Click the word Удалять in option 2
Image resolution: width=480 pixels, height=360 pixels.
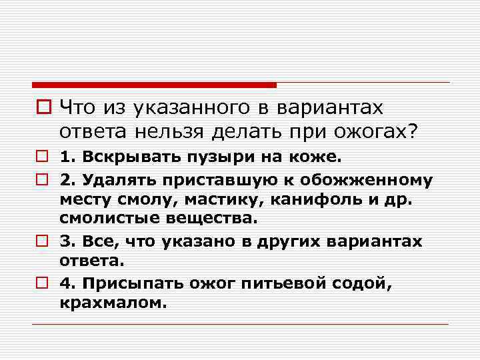(x=111, y=179)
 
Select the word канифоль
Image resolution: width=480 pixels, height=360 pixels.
(x=293, y=198)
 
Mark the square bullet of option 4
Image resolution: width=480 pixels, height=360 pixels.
(x=41, y=284)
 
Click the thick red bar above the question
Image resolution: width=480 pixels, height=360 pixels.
(x=154, y=85)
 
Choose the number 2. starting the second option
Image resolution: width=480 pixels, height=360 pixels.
(x=67, y=179)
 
